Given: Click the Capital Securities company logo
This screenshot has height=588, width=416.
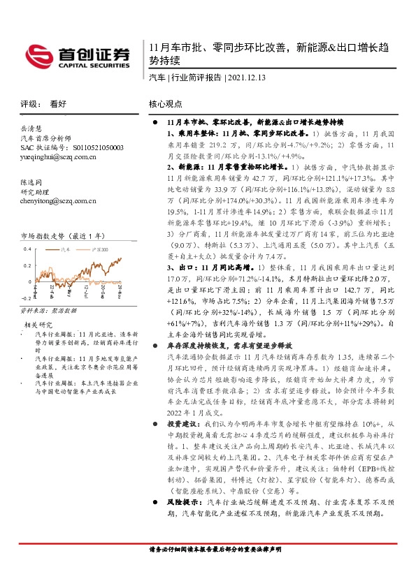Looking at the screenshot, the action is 76,54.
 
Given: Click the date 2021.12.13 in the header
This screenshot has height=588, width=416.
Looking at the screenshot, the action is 251,78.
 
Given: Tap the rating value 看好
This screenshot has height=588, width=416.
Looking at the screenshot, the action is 57,103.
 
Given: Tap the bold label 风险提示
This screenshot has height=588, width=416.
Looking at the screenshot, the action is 183,502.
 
